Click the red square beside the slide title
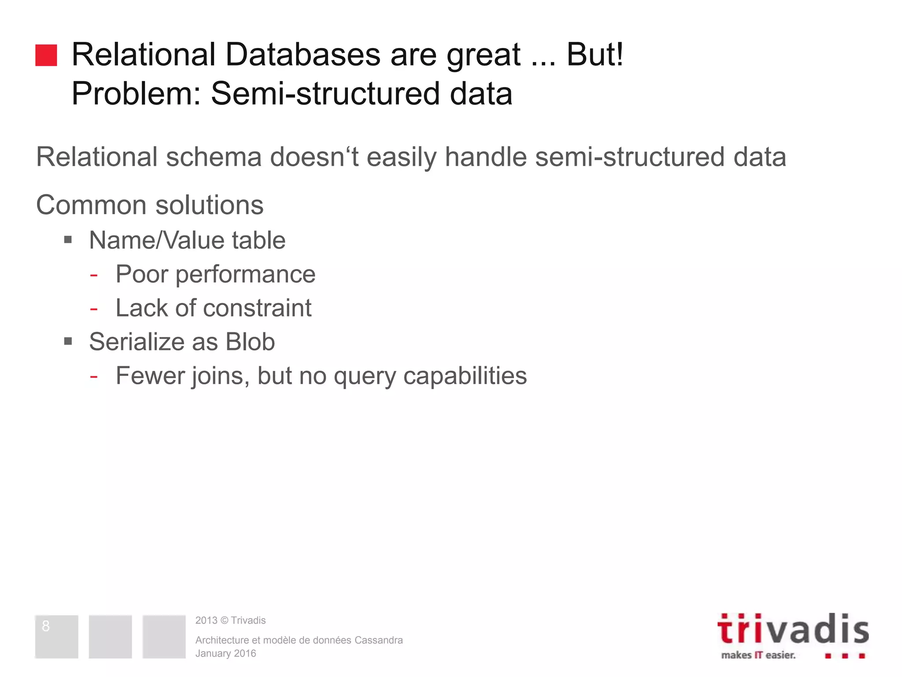click(x=46, y=56)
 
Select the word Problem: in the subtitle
click(x=137, y=93)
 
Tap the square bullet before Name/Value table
click(x=68, y=240)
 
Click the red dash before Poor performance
click(x=93, y=275)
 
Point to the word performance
click(x=245, y=275)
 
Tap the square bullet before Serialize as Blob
click(x=68, y=341)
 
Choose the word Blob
click(x=250, y=342)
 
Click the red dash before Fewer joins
click(x=93, y=376)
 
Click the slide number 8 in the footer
click(x=46, y=626)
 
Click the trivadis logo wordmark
click(x=793, y=629)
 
